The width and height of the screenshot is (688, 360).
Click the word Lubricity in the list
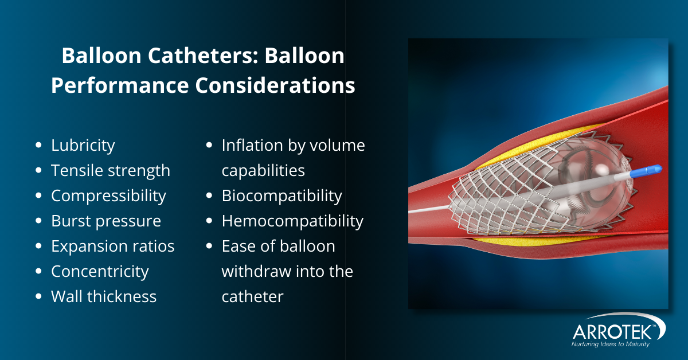tap(83, 146)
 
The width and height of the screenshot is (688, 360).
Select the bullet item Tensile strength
tap(111, 171)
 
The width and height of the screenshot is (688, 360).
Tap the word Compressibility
tap(108, 196)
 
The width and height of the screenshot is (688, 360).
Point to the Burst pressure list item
tap(106, 221)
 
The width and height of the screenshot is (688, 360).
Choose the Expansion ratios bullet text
tap(112, 246)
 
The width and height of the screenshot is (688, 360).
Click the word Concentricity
tap(100, 272)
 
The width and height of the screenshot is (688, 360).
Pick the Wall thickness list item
tap(104, 297)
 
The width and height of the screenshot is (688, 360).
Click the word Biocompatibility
tap(282, 196)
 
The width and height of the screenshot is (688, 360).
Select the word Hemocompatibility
tap(292, 221)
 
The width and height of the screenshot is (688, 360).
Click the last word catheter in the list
tap(252, 297)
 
